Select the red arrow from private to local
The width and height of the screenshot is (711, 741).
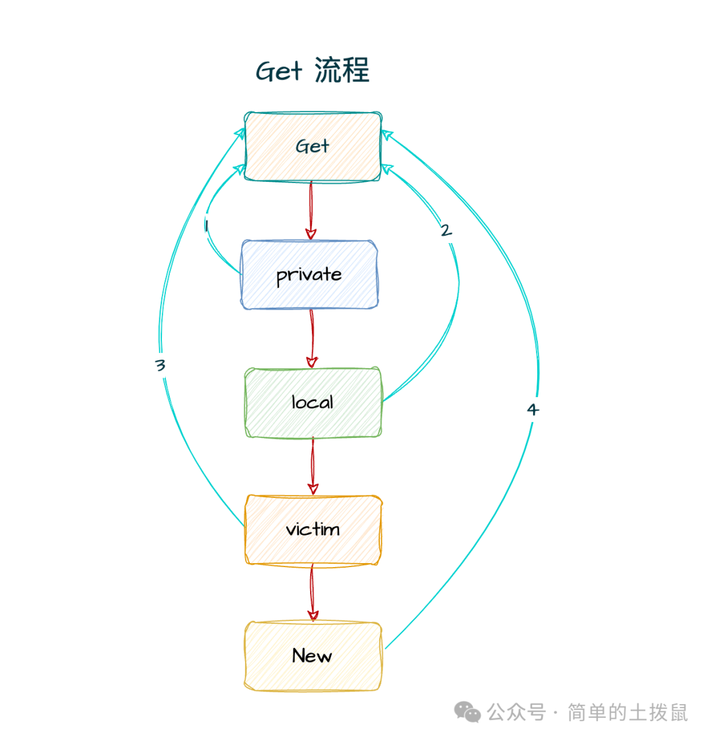pos(312,339)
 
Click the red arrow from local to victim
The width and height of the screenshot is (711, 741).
pos(313,466)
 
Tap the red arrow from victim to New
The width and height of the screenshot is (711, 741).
pos(313,593)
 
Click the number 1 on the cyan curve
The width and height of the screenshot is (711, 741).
pos(206,226)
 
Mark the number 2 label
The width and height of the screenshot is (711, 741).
pos(446,231)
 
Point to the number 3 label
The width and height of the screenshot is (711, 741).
pos(160,365)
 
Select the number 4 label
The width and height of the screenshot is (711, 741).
pos(533,410)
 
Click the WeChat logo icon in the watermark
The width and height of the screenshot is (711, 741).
pos(468,712)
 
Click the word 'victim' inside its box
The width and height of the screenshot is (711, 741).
pos(313,529)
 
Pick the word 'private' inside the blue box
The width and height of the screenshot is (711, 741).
pos(309,274)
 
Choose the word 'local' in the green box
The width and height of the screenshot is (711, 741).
pos(313,402)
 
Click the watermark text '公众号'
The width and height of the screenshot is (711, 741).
pos(516,712)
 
